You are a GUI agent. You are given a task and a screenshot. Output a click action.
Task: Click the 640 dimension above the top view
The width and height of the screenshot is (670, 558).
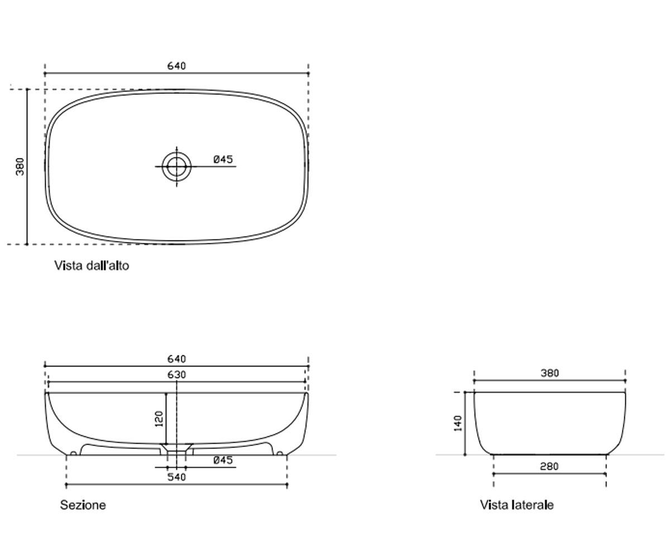176,66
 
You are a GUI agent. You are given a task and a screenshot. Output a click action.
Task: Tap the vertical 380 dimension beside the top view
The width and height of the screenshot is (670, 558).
20,166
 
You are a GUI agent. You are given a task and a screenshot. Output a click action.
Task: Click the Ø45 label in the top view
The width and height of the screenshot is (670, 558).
223,160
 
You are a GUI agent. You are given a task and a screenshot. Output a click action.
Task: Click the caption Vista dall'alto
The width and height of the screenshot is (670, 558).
92,266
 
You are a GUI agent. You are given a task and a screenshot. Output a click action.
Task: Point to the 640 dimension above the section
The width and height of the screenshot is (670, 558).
176,359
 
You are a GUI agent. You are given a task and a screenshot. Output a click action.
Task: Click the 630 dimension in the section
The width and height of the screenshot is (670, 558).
176,374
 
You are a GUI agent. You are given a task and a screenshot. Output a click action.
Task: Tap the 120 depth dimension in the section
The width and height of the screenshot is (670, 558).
159,419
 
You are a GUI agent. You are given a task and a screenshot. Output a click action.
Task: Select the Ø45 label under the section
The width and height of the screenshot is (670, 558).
223,460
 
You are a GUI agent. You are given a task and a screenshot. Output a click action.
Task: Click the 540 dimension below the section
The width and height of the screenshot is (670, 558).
176,477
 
